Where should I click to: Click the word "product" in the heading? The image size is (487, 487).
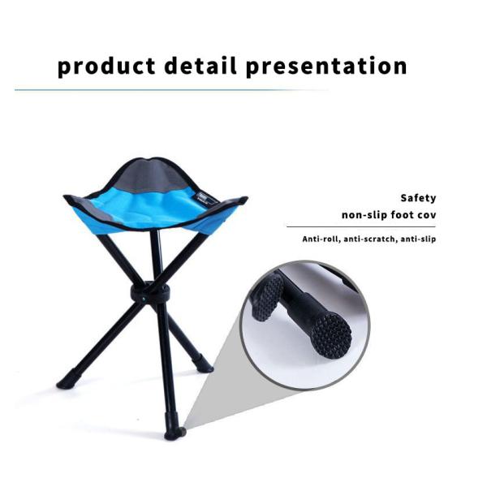102,66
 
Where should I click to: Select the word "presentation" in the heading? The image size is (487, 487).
326,66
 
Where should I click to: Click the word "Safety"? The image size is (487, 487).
418,198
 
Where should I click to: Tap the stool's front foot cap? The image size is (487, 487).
173,433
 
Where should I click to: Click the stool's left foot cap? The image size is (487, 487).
66,380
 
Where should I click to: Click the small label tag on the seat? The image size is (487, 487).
205,196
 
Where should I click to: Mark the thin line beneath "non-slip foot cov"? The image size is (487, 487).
361,226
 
